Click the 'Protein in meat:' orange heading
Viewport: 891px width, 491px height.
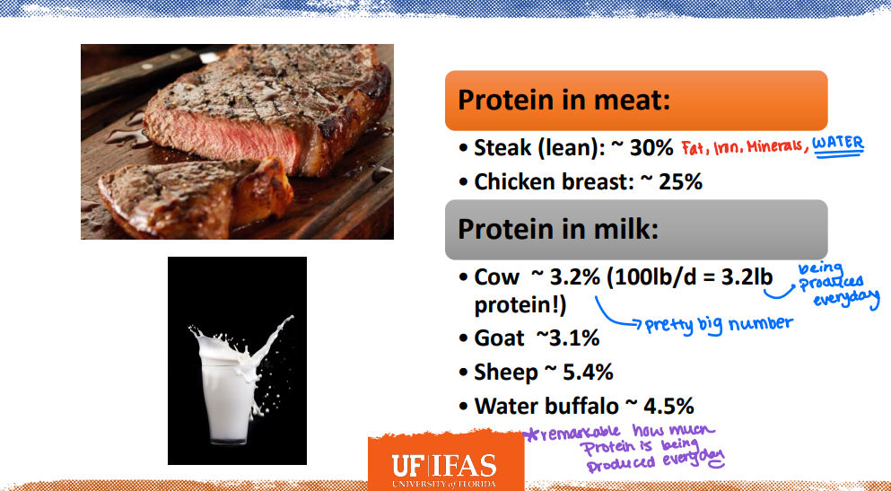pyautogui.click(x=563, y=100)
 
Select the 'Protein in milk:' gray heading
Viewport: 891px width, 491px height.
pyautogui.click(x=558, y=229)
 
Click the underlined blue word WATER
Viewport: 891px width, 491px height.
pyautogui.click(x=837, y=144)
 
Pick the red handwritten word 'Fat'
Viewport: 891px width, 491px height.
pyautogui.click(x=694, y=146)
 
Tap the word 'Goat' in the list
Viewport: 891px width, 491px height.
pyautogui.click(x=500, y=338)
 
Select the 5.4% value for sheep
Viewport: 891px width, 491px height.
pyautogui.click(x=588, y=372)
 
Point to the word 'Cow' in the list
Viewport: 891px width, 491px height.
pyautogui.click(x=496, y=278)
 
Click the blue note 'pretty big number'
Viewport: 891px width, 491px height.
pyautogui.click(x=719, y=323)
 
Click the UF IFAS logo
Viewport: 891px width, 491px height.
pyautogui.click(x=444, y=467)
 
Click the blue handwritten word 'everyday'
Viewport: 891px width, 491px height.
pyautogui.click(x=846, y=297)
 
